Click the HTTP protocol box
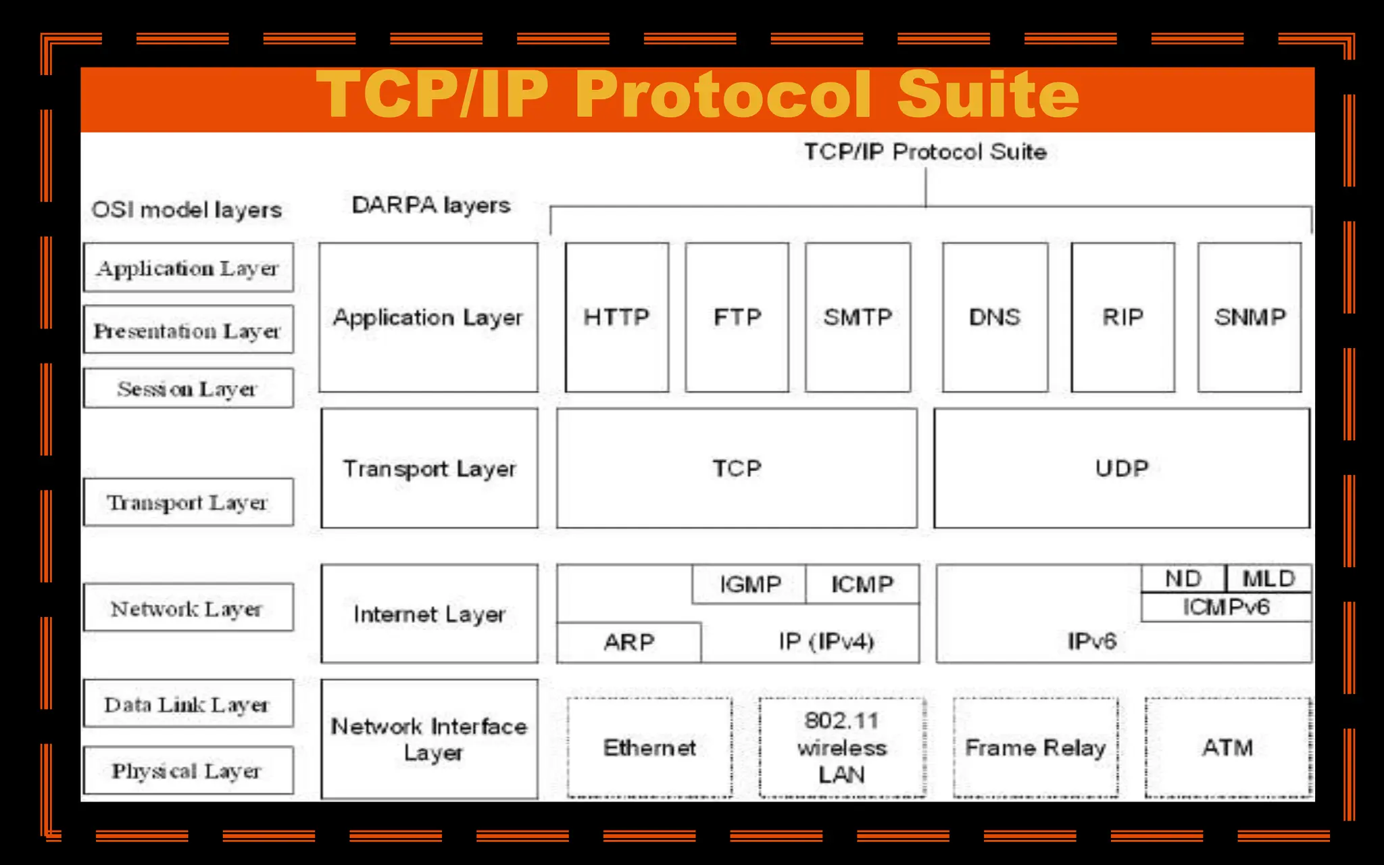616,317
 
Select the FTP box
737,317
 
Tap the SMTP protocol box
858,317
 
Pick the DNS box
995,317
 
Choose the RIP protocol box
1122,317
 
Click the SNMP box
1249,317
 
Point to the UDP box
1121,468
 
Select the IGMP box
749,584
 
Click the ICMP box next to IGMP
862,584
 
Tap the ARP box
628,642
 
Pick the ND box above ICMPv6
1183,578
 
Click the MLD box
1268,578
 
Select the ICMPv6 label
1226,607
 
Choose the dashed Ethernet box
649,747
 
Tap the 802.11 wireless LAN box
841,747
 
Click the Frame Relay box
1035,747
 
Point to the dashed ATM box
1227,747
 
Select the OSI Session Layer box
188,389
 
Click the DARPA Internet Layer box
429,614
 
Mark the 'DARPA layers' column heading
431,205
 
